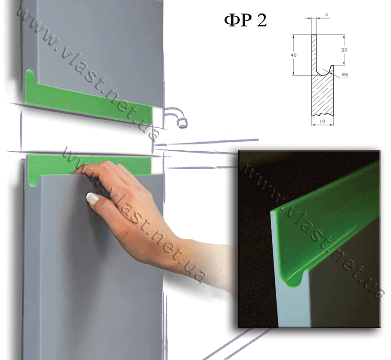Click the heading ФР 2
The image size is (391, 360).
pos(245,20)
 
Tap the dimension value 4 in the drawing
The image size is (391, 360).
pos(326,15)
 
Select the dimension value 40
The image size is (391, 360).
pos(293,55)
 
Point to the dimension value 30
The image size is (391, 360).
pos(344,50)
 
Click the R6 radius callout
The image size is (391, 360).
pos(345,74)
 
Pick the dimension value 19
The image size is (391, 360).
pos(322,121)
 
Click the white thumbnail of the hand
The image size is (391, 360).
pos(92,199)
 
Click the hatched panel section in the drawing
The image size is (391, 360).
pos(323,95)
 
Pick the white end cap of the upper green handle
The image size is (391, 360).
pos(157,117)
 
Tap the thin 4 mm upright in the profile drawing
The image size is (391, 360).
pos(314,52)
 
